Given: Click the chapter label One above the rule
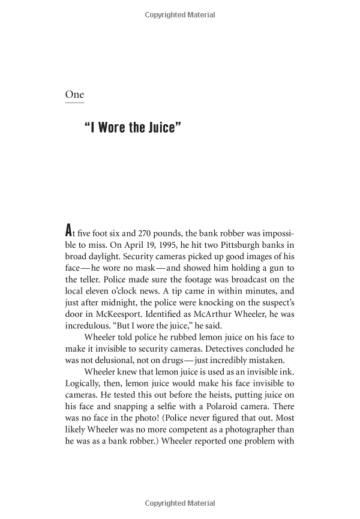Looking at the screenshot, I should (74, 94).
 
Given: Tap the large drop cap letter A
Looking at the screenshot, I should (70, 230).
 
